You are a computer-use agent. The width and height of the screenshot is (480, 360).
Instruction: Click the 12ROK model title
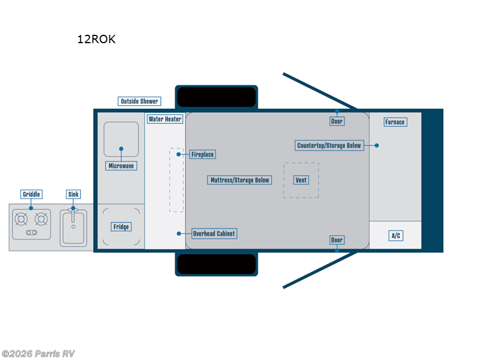click(x=96, y=40)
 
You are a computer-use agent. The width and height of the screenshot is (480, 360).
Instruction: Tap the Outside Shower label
click(x=139, y=101)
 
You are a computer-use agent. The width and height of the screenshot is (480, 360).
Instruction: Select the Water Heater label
click(x=165, y=119)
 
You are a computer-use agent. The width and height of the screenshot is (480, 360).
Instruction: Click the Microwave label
click(x=121, y=166)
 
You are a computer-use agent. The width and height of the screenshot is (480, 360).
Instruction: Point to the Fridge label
click(x=121, y=227)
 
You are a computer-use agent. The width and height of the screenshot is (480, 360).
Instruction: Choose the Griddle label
click(x=31, y=194)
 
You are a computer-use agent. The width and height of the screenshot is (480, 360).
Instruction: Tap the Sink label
click(x=73, y=194)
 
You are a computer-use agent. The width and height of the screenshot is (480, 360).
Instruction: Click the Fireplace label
click(x=202, y=154)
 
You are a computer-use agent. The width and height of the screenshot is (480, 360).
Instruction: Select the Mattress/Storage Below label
click(x=240, y=180)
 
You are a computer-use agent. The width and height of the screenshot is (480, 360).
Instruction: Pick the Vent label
click(x=301, y=180)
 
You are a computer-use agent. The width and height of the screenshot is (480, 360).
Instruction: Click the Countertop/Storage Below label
click(x=330, y=145)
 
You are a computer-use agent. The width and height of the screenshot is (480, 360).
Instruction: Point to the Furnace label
click(x=395, y=122)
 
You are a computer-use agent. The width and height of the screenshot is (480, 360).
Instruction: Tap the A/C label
click(x=395, y=236)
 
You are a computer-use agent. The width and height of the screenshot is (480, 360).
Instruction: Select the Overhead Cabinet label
click(x=214, y=233)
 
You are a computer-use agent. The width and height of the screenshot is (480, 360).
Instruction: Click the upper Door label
click(x=337, y=121)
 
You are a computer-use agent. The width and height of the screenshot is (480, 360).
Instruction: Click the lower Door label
click(x=337, y=240)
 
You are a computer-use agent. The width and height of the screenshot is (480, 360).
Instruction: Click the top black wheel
click(x=217, y=96)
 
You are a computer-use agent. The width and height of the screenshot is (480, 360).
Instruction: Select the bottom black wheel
click(x=217, y=264)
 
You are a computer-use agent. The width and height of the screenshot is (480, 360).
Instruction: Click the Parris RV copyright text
click(x=38, y=353)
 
